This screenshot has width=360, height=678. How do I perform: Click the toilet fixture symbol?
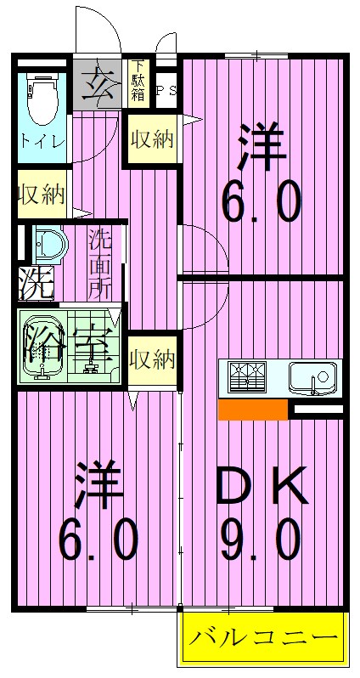40,100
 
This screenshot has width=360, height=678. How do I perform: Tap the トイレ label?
41,141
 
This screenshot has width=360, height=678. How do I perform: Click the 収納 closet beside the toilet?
40,195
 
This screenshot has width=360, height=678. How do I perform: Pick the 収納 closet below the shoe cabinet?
152,138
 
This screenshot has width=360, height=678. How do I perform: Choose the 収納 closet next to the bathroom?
152,360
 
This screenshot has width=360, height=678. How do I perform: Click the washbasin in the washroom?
50,245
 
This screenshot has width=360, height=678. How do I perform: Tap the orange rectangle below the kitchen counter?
252,410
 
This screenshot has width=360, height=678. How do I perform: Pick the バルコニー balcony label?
264,638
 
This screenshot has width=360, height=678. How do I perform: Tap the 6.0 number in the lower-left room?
98,539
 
